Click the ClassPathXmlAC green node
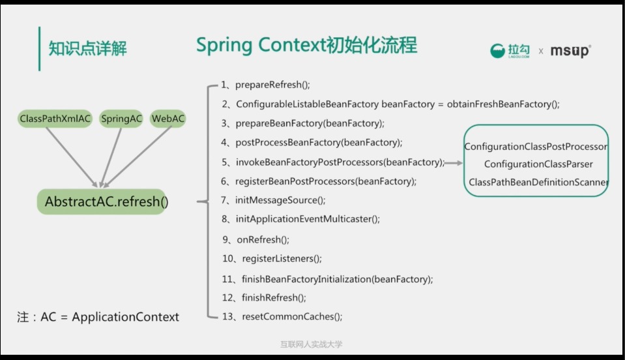pyautogui.click(x=55, y=119)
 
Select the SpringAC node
pyautogui.click(x=121, y=119)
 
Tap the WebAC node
pyautogui.click(x=168, y=119)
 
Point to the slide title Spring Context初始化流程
pyautogui.click(x=306, y=45)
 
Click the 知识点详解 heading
pyautogui.click(x=88, y=48)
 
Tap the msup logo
pyautogui.click(x=570, y=51)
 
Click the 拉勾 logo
pyautogui.click(x=510, y=51)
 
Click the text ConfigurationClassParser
pyautogui.click(x=538, y=164)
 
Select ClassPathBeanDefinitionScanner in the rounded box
pyautogui.click(x=538, y=183)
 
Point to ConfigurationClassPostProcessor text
pyautogui.click(x=536, y=147)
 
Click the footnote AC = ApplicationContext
pyautogui.click(x=98, y=317)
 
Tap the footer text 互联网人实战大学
pyautogui.click(x=312, y=344)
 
